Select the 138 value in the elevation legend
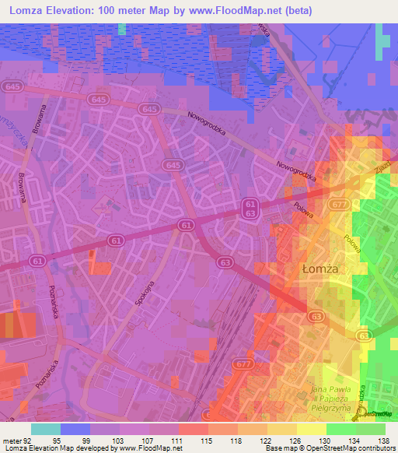tap(382, 441)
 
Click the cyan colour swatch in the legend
tap(45, 429)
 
